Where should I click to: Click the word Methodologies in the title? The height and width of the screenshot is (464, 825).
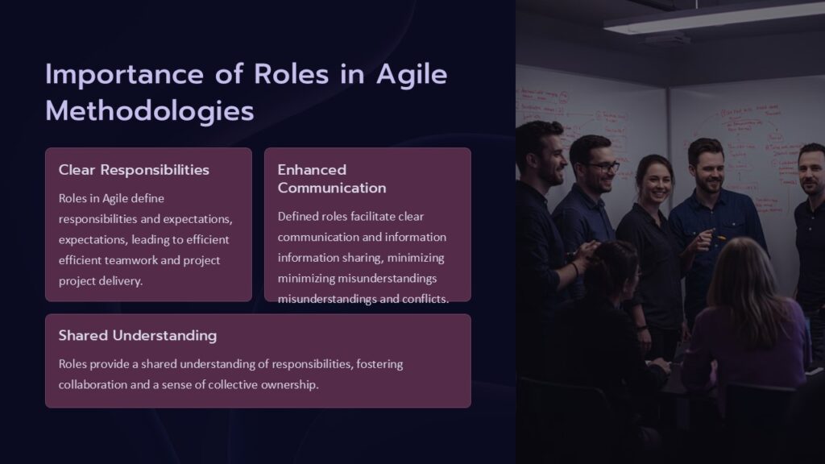pos(150,111)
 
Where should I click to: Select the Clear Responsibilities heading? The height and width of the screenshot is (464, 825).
pos(134,170)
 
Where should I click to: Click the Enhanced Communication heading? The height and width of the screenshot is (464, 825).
pos(331,179)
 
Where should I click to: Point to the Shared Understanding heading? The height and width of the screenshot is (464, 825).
pos(137,335)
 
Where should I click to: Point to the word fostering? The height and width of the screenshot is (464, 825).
pos(378,364)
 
